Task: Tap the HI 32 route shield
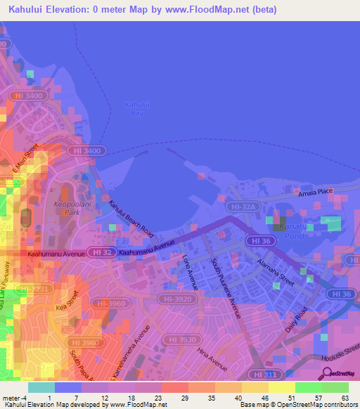coord(100,252)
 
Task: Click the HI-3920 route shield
coord(175,299)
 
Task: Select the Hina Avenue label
coord(212,358)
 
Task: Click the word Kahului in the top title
coord(29,10)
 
